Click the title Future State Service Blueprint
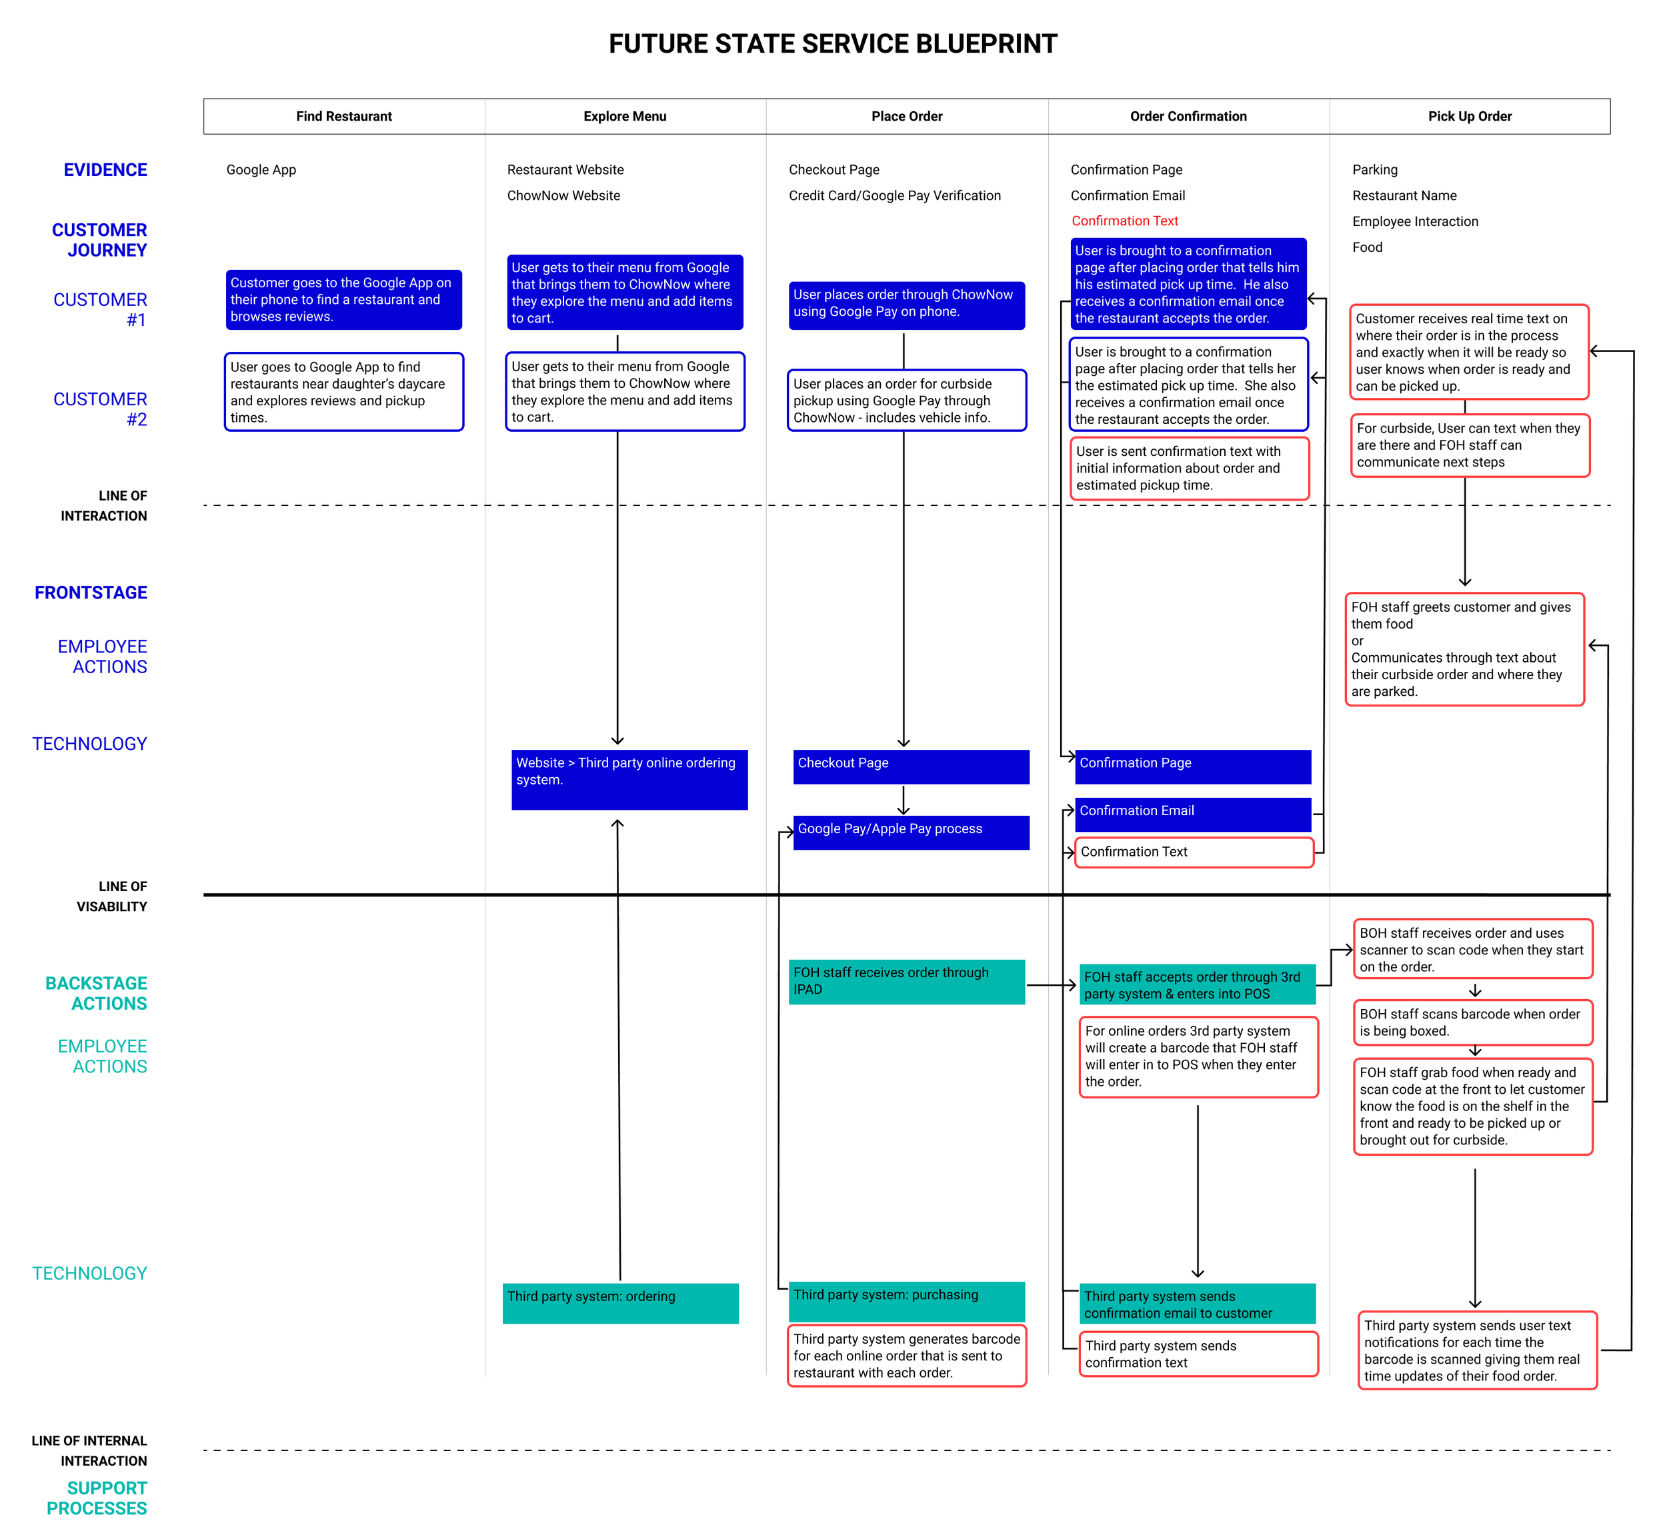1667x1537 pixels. pos(833,43)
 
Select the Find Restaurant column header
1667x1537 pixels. pos(343,117)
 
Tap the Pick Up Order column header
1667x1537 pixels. pos(1469,117)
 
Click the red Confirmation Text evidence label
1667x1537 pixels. pos(1125,221)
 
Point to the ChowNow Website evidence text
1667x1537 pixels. pos(563,195)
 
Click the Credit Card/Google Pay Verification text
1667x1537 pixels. pos(894,195)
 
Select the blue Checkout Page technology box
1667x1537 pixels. pos(911,767)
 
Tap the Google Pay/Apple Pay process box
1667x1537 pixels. pos(911,832)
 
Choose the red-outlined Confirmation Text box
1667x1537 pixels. pos(1193,852)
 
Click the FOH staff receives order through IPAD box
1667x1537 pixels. pos(906,981)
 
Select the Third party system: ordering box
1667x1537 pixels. pos(619,1302)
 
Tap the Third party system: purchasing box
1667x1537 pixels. pos(906,1301)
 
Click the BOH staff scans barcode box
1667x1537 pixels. pos(1472,1022)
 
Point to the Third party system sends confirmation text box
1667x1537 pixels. pos(1198,1354)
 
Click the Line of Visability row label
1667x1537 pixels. pos(111,896)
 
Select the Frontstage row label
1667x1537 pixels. pos(91,593)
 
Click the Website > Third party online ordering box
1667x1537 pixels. pos(629,779)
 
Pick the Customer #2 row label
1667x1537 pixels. pos(101,409)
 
